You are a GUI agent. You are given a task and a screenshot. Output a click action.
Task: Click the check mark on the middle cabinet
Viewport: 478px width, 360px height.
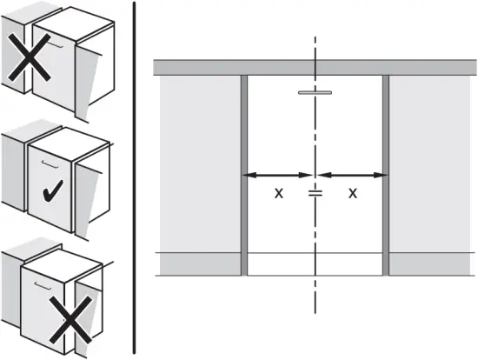[52, 191]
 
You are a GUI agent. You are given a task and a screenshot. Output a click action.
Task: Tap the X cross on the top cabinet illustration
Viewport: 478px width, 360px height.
[30, 57]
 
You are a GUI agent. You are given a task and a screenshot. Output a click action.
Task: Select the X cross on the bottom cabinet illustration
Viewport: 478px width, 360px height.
[70, 320]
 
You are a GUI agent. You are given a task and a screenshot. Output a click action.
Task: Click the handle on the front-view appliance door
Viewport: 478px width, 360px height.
[315, 92]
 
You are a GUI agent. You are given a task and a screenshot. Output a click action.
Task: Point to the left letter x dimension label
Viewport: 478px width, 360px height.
[279, 193]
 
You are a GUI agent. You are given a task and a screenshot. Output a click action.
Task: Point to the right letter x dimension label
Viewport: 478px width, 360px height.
[353, 193]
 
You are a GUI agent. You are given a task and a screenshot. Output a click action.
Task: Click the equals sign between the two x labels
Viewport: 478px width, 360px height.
[315, 193]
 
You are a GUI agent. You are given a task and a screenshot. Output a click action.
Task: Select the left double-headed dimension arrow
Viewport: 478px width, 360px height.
[277, 175]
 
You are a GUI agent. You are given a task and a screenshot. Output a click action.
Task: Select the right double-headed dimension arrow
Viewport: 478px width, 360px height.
[353, 175]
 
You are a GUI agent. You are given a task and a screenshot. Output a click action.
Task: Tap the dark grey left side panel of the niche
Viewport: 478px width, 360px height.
[244, 176]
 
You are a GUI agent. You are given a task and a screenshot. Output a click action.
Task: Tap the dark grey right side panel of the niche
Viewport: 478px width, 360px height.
[386, 176]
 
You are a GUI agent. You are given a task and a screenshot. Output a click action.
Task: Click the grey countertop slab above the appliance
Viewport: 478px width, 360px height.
[315, 68]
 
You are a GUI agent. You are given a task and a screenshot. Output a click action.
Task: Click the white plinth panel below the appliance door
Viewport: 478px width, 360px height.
[315, 264]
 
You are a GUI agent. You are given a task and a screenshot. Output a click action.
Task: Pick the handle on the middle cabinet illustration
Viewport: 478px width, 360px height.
[50, 163]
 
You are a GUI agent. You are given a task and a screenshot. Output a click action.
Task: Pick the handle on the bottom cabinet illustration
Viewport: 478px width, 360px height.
[43, 285]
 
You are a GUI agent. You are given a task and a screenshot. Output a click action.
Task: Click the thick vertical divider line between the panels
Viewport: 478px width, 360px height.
[134, 177]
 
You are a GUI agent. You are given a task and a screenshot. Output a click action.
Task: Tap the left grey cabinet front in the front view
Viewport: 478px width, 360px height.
[200, 163]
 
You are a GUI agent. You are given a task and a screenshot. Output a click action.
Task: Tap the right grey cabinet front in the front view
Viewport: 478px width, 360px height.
[429, 163]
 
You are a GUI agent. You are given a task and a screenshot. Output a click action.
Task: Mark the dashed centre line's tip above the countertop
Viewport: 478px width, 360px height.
[315, 37]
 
